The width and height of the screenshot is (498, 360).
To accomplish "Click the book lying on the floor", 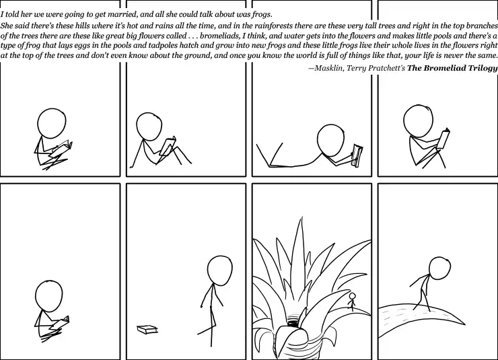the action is tap(147, 330).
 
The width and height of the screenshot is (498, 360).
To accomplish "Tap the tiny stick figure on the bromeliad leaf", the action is tap(352, 301).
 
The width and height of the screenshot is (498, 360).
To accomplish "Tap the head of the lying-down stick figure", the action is tap(330, 140).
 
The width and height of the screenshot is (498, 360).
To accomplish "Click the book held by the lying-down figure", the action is tap(357, 155).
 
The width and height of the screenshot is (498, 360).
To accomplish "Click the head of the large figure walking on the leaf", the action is tap(439, 268).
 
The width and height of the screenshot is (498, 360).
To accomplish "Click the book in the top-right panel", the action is tap(443, 139).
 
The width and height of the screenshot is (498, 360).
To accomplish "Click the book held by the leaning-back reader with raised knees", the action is tap(168, 145).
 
